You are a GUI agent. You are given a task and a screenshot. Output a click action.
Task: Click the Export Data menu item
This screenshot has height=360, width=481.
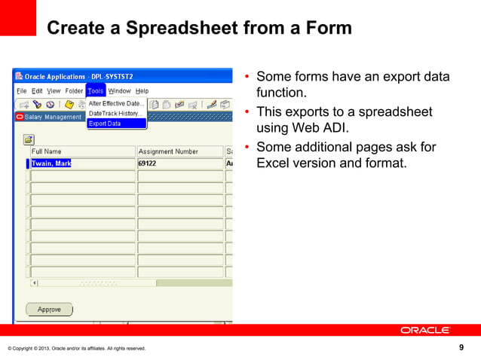click(x=105, y=124)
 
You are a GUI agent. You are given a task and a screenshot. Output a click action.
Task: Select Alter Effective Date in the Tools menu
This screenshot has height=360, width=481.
click(x=116, y=103)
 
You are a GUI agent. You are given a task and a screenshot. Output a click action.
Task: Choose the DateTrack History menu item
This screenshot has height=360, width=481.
click(x=115, y=113)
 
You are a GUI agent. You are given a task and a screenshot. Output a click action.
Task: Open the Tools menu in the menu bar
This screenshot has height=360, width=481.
click(x=95, y=91)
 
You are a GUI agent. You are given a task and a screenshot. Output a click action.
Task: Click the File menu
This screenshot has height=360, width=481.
click(x=22, y=91)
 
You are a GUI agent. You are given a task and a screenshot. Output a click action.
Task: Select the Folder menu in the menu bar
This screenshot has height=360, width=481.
click(x=74, y=91)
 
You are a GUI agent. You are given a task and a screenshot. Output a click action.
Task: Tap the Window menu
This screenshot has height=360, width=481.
click(x=119, y=91)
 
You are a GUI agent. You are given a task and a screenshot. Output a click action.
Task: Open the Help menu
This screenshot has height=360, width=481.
click(x=142, y=91)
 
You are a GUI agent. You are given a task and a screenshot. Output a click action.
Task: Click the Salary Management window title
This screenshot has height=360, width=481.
click(x=53, y=117)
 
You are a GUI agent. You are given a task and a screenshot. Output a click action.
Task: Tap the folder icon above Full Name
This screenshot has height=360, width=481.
click(x=29, y=139)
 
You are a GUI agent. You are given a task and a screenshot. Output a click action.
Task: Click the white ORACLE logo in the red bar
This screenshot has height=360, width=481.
click(x=424, y=331)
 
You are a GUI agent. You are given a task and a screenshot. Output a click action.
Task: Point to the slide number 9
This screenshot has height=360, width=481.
click(x=461, y=347)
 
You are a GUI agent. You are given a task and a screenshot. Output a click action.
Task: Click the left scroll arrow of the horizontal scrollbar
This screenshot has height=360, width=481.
click(x=33, y=283)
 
